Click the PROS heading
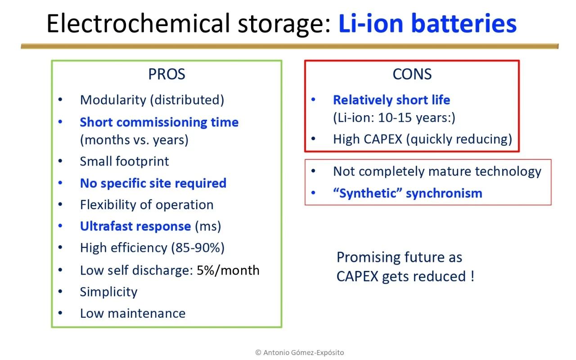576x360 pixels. (166, 74)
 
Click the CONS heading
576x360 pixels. (412, 74)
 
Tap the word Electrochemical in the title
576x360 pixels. (138, 23)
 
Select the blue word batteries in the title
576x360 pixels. (463, 23)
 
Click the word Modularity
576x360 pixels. (113, 100)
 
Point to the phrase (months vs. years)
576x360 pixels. (134, 140)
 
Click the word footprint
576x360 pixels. (142, 162)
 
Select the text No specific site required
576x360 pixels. (153, 183)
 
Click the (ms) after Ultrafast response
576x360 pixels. (208, 226)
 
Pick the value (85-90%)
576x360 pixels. (198, 248)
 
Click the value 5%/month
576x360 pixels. (228, 270)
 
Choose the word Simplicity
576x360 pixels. (109, 292)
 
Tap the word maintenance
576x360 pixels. (147, 314)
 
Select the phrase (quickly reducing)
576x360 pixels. (459, 139)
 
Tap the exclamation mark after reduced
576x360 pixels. (472, 276)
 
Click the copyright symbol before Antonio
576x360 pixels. (258, 352)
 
